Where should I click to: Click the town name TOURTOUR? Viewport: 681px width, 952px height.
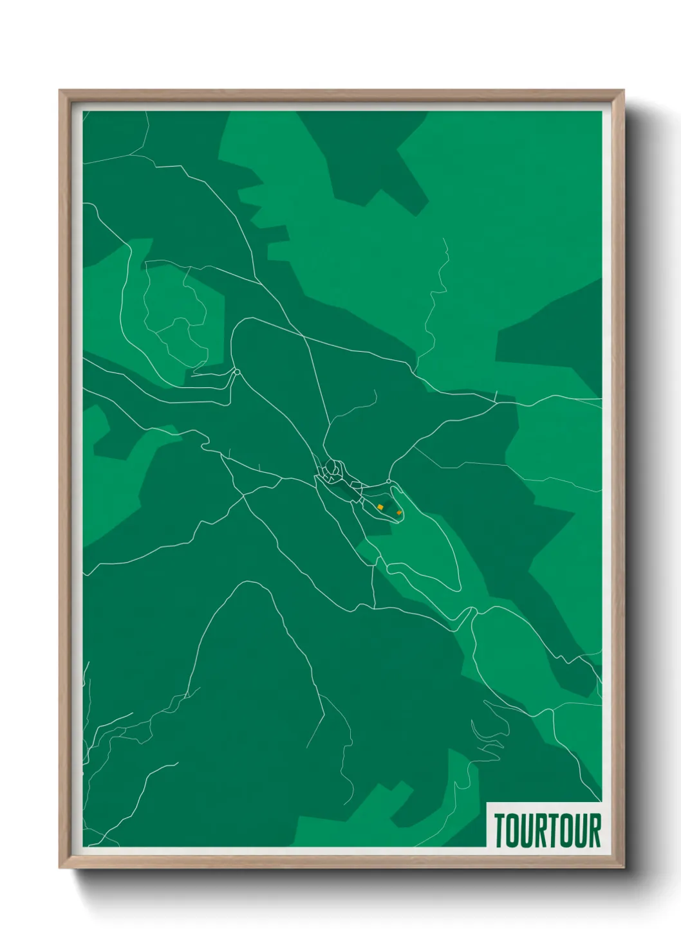pos(547,830)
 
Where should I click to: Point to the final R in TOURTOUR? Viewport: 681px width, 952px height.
pos(595,830)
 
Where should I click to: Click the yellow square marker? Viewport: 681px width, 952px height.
pos(380,507)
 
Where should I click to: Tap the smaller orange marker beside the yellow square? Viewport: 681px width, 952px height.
pos(400,513)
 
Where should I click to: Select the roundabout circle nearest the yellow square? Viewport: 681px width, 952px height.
pos(389,481)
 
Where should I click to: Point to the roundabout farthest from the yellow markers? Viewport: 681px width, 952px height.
pos(237,372)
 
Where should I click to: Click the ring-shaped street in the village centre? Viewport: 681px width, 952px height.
pos(333,468)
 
